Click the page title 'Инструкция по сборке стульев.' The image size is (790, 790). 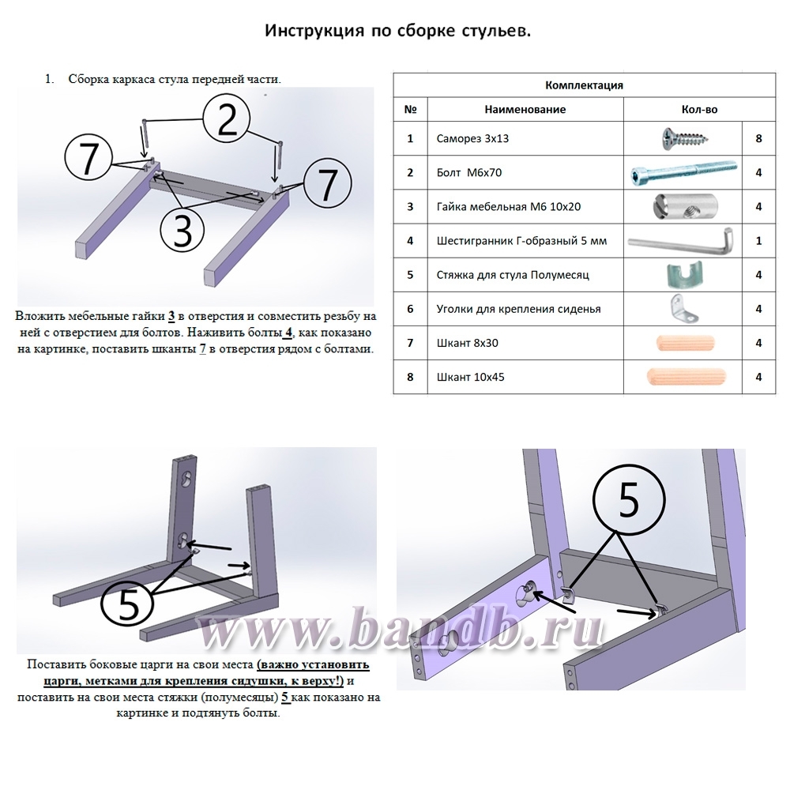397,32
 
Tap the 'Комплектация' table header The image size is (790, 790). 584,85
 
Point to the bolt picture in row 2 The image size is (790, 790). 684,173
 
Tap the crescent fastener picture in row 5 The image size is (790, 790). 683,275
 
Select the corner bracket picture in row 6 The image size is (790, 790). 684,310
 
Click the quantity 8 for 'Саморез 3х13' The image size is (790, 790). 758,138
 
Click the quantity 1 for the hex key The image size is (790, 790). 758,241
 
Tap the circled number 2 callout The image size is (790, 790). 227,120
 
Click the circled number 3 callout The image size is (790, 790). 182,231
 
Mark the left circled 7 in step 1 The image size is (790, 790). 88,158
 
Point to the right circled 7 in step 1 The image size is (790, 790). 327,183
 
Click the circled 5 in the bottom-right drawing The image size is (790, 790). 629,500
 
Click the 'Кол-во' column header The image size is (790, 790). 699,109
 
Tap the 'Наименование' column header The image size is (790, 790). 525,109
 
